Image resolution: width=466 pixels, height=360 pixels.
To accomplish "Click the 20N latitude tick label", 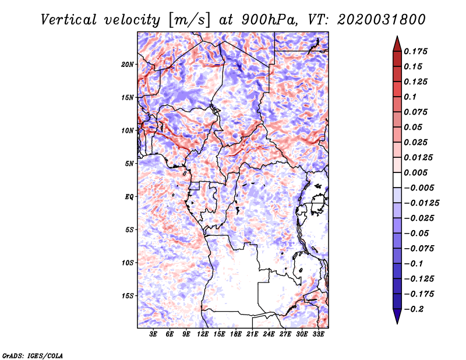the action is click(128, 65).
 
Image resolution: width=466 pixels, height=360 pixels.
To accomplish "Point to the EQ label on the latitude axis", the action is click(129, 197).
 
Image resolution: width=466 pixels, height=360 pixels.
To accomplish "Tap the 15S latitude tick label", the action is click(128, 296).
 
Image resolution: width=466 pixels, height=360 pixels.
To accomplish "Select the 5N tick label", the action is click(129, 164).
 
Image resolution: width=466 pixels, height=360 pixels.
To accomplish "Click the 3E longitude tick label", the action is click(153, 334).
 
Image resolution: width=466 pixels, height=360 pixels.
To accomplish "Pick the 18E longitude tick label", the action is click(236, 334).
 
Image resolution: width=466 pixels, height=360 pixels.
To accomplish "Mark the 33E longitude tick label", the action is click(318, 334).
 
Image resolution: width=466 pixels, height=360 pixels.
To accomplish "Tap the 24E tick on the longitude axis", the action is click(269, 334).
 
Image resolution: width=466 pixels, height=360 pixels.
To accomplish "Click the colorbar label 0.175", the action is click(415, 51).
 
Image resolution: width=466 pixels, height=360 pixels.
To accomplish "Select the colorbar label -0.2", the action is click(414, 309).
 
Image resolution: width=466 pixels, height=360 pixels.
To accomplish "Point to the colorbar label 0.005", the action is click(415, 172).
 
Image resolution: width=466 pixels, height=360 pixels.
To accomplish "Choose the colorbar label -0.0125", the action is click(421, 203).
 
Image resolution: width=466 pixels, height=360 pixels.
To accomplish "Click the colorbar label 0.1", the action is click(410, 97).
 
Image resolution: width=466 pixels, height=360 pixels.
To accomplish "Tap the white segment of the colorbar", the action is click(397, 180).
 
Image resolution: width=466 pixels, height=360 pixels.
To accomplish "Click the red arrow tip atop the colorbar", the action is click(397, 37).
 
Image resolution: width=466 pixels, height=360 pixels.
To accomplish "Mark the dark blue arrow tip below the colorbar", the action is click(397, 323).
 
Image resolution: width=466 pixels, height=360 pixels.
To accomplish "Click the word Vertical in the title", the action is click(69, 20).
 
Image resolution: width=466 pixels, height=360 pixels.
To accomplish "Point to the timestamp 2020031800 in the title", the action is click(382, 20).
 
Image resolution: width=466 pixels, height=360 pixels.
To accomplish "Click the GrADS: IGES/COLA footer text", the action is click(33, 356).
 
